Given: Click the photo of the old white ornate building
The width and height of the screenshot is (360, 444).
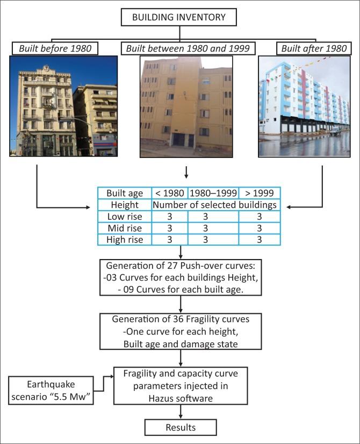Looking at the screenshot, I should pos(63,106).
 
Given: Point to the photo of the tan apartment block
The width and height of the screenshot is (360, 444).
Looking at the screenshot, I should pos(186,106).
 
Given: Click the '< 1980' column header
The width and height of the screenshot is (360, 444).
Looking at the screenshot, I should pos(170,193).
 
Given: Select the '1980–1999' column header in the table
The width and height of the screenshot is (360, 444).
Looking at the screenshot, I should pos(213,193).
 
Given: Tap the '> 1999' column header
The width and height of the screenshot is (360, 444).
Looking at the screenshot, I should pos(259,193).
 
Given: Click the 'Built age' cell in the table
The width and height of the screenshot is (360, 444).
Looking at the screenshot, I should pos(125,193).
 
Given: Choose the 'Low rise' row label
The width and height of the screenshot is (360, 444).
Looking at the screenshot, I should pos(125,217).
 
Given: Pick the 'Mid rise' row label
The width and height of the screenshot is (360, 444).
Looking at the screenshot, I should pos(125,228).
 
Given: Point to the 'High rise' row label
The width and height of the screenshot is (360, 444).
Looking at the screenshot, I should pos(125,240).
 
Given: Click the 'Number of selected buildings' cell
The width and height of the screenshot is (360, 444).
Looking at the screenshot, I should pos(215,205).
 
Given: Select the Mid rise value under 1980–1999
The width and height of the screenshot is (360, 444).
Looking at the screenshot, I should pos(213,228).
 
